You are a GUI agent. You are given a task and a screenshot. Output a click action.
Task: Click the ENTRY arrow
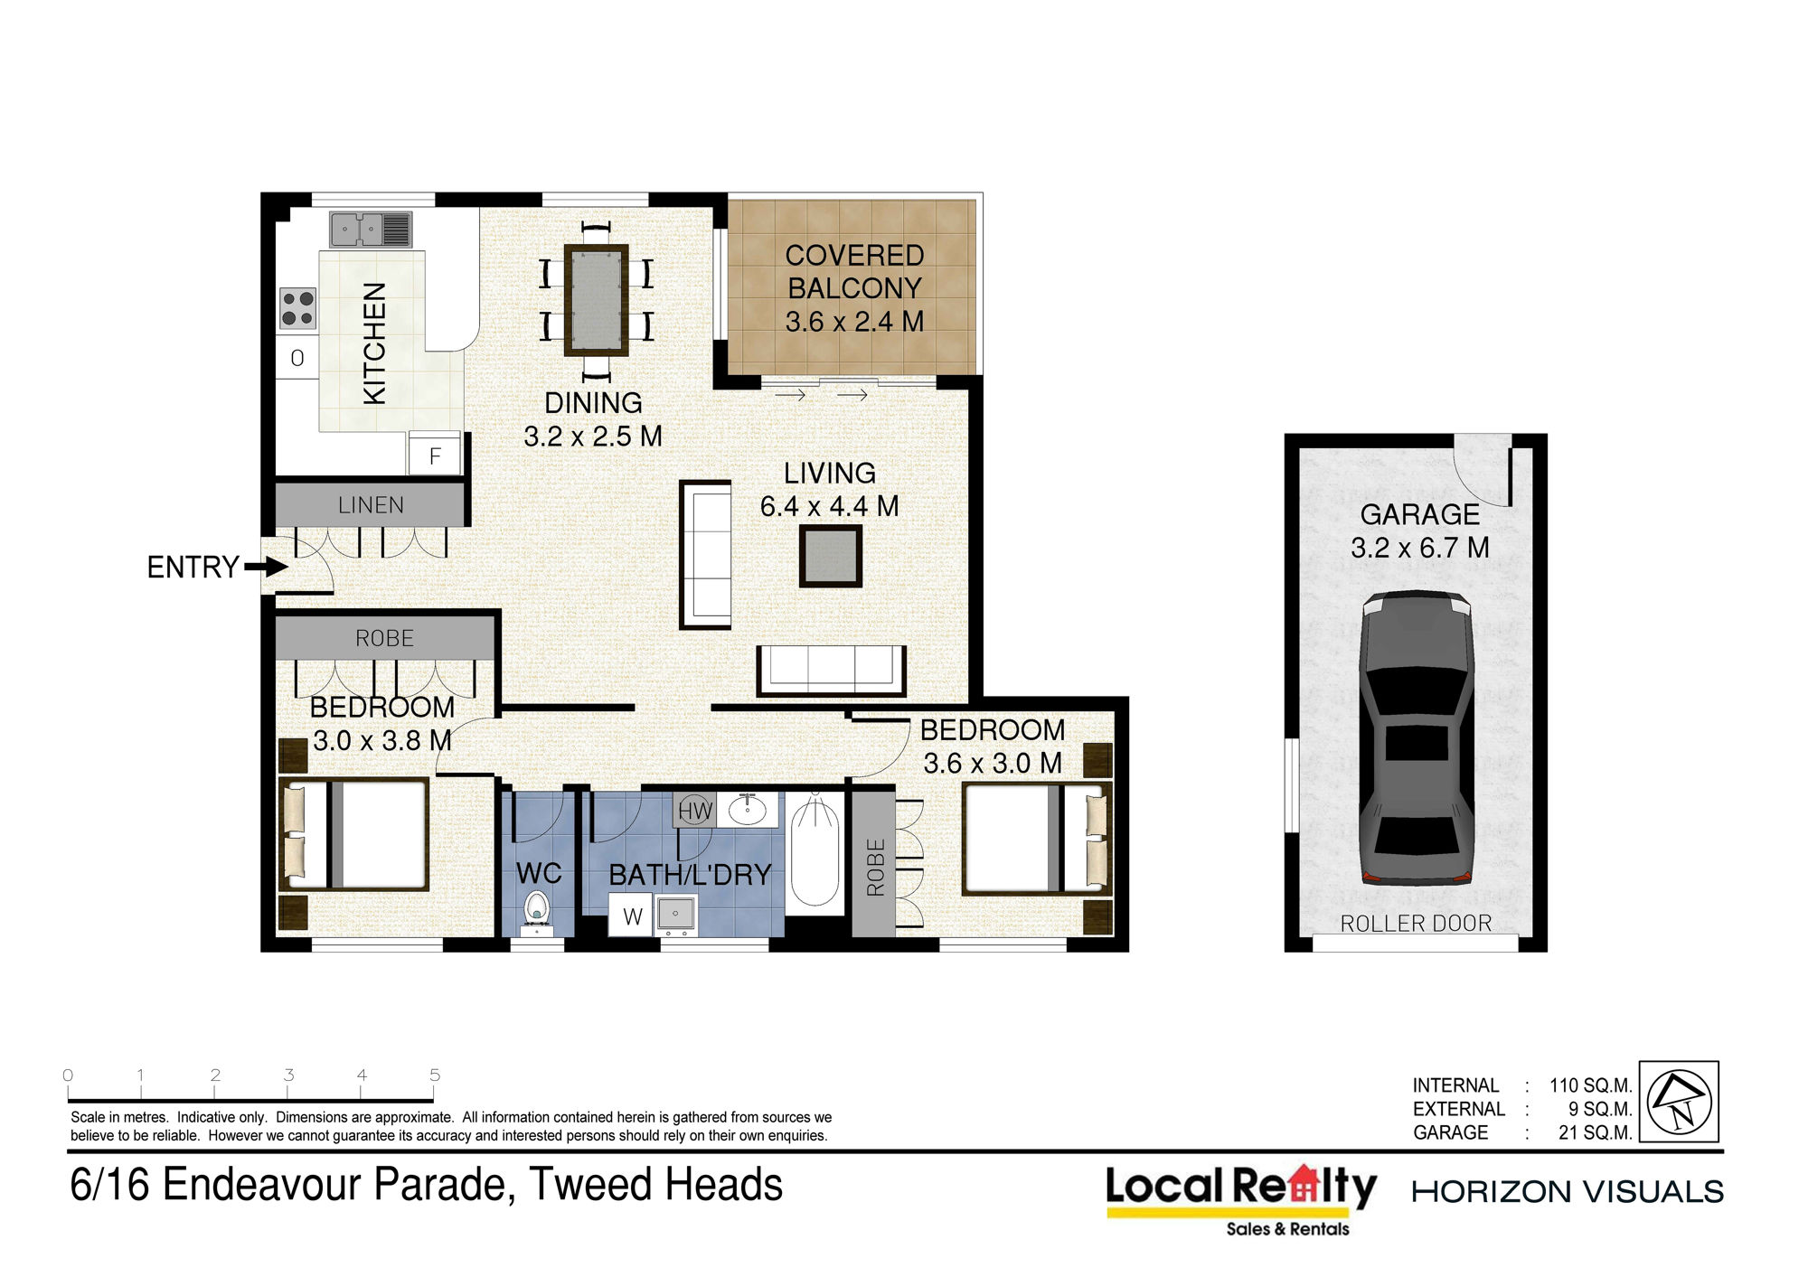(267, 568)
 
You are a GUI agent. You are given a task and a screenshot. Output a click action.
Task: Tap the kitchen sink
(371, 230)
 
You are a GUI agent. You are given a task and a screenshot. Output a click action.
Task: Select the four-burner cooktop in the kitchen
(297, 307)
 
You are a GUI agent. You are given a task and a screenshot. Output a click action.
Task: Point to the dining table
(596, 300)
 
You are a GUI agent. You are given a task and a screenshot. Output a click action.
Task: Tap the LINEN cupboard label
(371, 505)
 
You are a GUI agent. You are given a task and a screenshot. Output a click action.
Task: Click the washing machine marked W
(632, 915)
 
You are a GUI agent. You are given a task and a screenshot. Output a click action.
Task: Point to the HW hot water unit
(695, 811)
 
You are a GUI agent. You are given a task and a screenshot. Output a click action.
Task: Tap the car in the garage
(1417, 737)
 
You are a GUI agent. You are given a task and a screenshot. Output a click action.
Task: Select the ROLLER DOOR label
(1416, 924)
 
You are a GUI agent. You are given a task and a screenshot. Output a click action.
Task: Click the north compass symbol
(1679, 1102)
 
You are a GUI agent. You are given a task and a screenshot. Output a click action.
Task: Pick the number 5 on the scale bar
(435, 1075)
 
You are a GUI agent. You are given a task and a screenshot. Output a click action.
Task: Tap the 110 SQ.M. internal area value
(1591, 1085)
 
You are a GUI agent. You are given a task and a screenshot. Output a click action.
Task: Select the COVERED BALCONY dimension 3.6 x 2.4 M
(854, 322)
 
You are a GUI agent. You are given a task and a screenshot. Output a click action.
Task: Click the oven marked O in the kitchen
(297, 358)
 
